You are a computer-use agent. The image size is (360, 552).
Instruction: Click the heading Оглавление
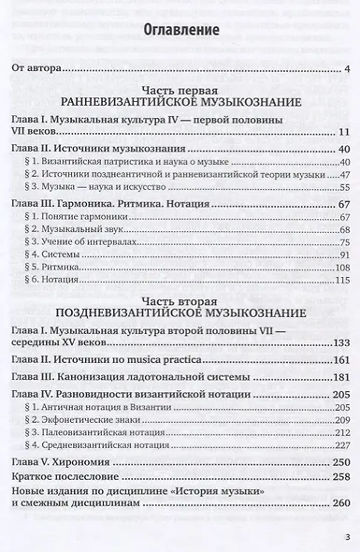coord(180,29)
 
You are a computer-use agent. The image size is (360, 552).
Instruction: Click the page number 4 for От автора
coord(345,67)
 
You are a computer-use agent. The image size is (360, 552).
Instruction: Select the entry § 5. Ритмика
coord(56,267)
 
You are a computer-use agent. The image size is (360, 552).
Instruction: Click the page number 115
coord(340,280)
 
